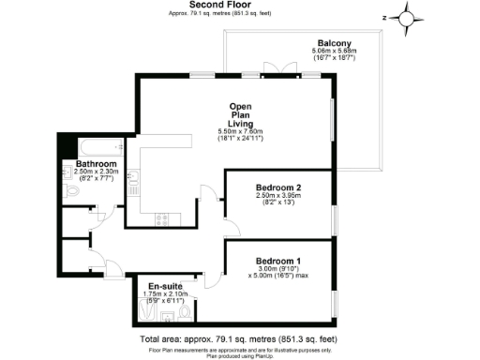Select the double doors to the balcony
[x=274, y=73]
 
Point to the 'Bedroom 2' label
[x=277, y=188]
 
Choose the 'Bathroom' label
[x=96, y=164]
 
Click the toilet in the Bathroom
[x=74, y=190]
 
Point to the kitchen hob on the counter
[x=159, y=218]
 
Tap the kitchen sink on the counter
[x=134, y=177]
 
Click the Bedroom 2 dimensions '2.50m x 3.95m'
[x=277, y=198]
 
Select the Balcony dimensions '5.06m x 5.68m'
[x=334, y=53]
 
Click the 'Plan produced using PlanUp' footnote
[x=239, y=354]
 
